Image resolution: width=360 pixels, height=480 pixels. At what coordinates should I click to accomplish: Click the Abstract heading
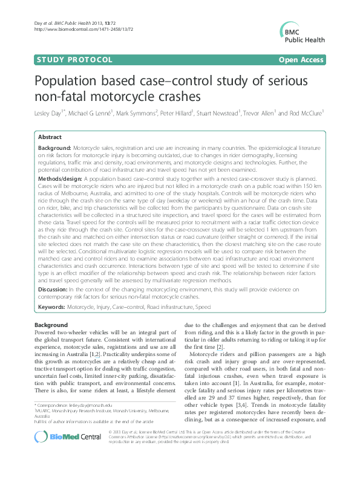point(49,138)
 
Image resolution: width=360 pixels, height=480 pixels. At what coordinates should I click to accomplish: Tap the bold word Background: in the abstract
point(54,148)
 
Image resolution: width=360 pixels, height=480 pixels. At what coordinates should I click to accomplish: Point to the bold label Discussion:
point(53,290)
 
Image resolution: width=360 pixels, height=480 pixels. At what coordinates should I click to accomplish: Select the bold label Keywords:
point(51,308)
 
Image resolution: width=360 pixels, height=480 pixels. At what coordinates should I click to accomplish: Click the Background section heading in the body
point(51,325)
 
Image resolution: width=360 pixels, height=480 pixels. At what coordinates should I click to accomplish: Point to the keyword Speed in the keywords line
point(203,308)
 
